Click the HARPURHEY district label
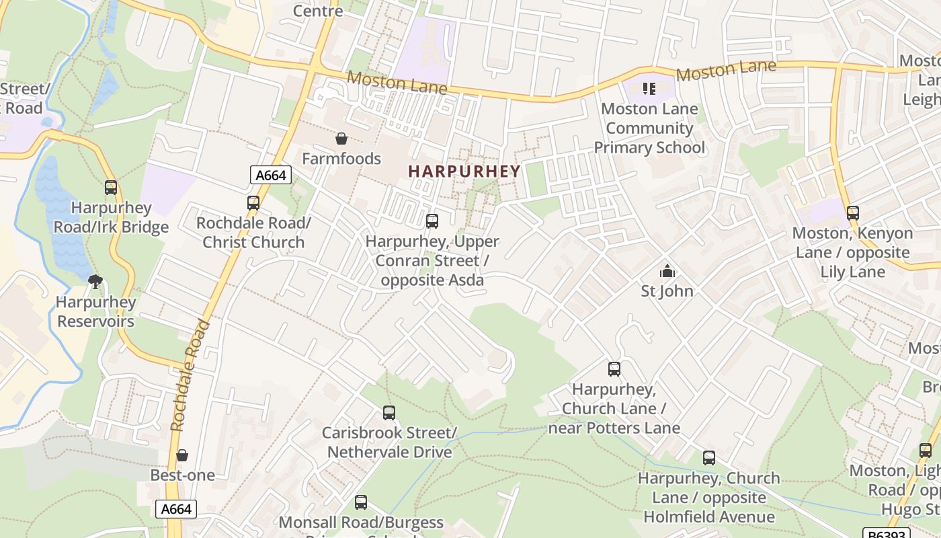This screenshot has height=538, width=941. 464,171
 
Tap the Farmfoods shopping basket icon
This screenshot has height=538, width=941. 341,139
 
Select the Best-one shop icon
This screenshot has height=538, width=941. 181,456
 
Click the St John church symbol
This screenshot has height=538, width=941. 667,272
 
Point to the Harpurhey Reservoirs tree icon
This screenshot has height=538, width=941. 95,281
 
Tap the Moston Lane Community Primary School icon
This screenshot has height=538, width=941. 649,88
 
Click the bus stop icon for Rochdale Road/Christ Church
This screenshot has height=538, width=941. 253,202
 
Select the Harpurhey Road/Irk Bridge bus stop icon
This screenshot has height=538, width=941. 111,188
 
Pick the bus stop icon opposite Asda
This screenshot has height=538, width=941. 432,221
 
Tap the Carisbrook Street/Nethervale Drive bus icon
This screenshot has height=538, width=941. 389,413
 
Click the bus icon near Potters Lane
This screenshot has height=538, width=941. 614,369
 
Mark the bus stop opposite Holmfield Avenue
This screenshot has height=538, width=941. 709,458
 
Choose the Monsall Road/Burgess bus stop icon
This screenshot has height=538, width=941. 361,502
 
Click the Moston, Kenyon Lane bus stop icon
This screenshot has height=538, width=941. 853,213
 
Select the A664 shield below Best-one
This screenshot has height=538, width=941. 177,509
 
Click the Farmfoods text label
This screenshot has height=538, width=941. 341,159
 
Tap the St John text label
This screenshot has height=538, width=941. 667,291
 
